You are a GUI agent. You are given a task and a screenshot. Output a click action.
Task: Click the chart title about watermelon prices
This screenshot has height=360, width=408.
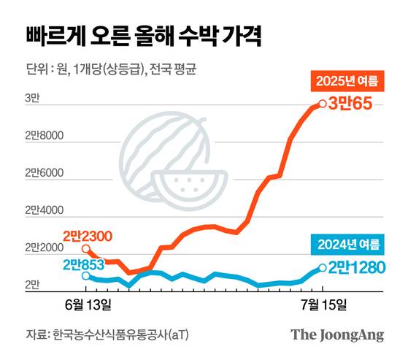tap(145, 34)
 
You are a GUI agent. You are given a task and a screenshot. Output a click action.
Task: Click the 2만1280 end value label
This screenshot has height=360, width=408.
tap(355, 268)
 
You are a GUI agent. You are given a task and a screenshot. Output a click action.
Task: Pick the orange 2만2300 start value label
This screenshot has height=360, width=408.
tap(87, 236)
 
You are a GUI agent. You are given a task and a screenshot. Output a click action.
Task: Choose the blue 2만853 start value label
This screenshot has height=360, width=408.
tap(83, 264)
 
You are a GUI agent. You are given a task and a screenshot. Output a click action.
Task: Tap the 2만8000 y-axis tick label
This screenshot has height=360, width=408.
tap(45, 137)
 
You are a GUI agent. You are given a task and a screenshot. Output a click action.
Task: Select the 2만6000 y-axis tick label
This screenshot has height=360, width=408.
tap(45, 174)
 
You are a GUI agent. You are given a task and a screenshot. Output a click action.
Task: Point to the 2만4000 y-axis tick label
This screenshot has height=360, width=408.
tap(45, 211)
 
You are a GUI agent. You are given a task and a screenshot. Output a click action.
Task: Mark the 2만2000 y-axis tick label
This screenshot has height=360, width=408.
tap(45, 249)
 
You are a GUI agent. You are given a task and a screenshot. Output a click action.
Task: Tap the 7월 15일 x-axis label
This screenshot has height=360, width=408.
tap(322, 302)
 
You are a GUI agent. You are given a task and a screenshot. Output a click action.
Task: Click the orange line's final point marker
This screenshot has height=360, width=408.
tap(322, 104)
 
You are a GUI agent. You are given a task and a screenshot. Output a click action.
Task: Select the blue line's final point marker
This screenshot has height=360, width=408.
tap(322, 268)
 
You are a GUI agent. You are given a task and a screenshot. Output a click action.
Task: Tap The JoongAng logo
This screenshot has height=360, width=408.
tap(337, 334)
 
